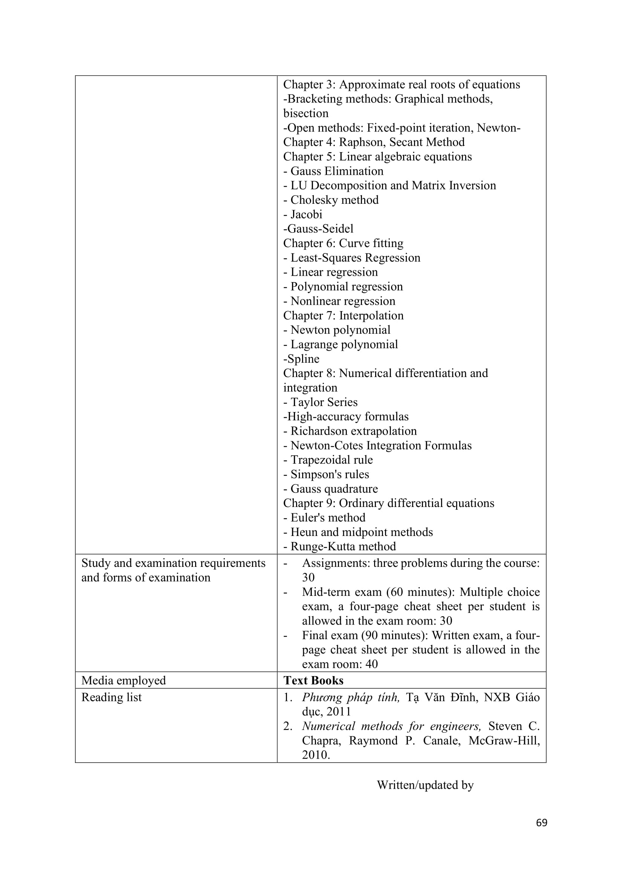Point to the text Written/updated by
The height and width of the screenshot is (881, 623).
[x=425, y=785]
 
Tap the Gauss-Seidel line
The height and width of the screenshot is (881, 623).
[x=318, y=229]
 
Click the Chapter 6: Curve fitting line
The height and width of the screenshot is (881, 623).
[x=343, y=243]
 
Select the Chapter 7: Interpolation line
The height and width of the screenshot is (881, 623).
[x=343, y=315]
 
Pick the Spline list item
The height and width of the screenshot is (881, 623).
[x=301, y=359]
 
